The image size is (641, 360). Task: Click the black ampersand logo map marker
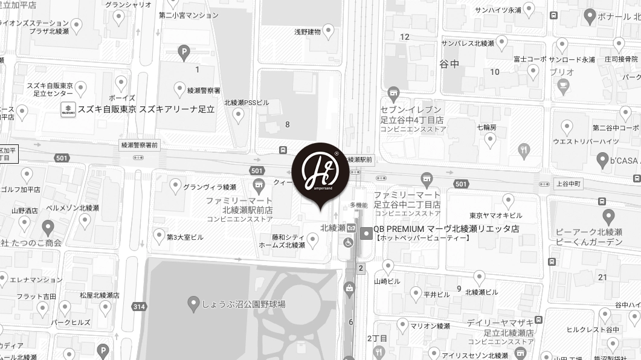point(320,172)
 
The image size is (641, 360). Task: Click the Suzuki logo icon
point(68,109)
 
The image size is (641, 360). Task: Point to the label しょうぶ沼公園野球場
point(244,304)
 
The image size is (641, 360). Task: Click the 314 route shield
point(139,307)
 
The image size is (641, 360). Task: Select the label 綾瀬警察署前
point(139,145)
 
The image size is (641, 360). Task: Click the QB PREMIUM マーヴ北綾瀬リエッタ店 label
point(446,229)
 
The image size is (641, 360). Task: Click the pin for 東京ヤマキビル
point(509,200)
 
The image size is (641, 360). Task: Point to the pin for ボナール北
point(590,16)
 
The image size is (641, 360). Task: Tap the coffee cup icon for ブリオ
point(563,86)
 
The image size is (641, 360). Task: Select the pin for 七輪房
point(490,140)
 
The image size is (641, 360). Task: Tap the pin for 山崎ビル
point(388,266)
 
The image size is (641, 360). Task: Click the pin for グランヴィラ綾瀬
point(176,186)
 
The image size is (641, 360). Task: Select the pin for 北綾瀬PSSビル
point(239,115)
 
